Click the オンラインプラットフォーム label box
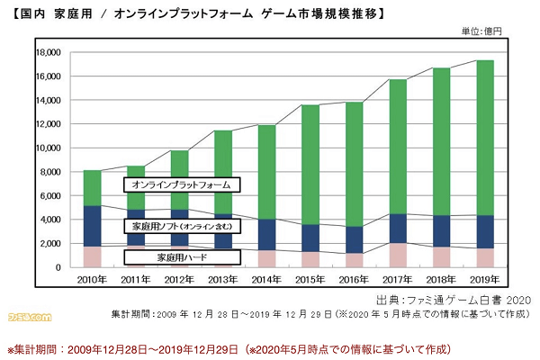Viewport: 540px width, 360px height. point(182,184)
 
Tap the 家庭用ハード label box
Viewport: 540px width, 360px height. point(182,257)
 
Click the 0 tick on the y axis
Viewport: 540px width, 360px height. point(57,267)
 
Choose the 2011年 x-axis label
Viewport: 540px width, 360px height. point(136,280)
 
